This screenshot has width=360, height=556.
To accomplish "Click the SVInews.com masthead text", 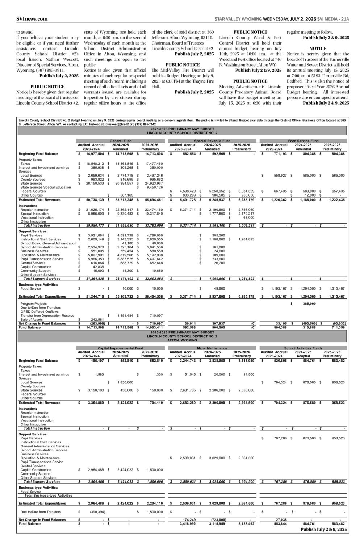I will click(32, 19).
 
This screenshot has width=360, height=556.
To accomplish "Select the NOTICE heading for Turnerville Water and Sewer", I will click(318, 48).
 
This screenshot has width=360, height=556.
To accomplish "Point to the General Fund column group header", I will click(121, 140).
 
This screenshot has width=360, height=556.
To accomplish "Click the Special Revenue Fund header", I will click(212, 140).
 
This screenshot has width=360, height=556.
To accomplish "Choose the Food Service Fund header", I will click(303, 140).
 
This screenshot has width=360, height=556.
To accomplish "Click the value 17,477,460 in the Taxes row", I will click(154, 164).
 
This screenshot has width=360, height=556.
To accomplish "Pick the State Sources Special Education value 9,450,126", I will click(154, 187).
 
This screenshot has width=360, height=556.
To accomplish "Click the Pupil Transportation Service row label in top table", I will click(42, 259).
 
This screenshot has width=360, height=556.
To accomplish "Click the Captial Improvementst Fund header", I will click(121, 348).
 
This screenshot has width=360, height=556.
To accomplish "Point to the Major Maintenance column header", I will click(212, 348).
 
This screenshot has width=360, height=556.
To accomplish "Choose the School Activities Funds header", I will click(303, 348).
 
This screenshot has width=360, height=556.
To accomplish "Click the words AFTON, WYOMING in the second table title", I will click(182, 340).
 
